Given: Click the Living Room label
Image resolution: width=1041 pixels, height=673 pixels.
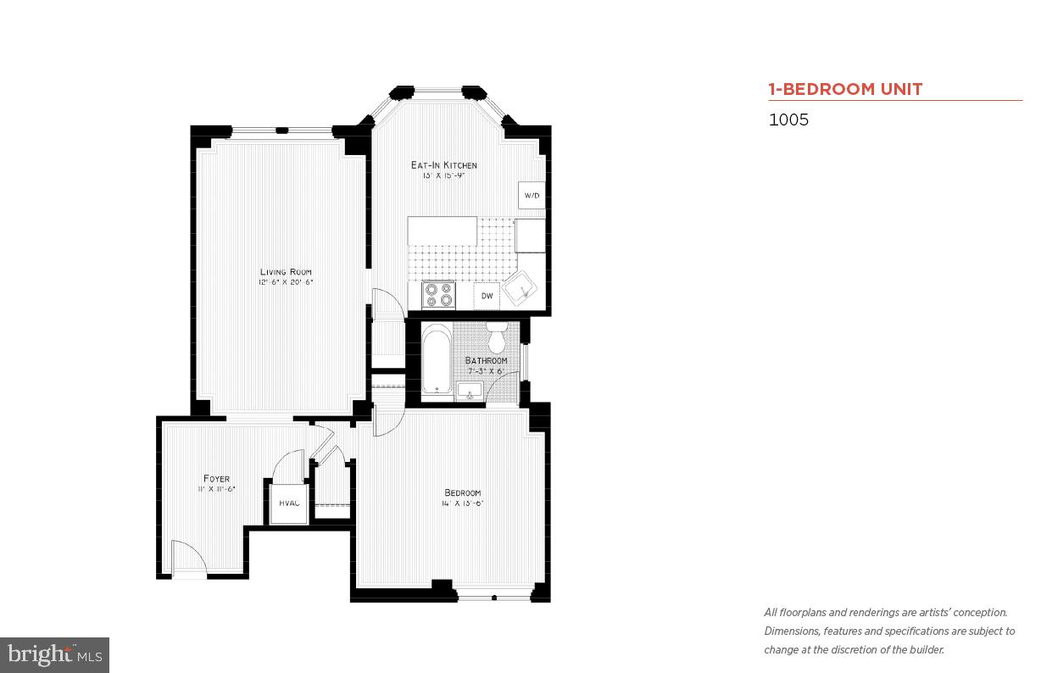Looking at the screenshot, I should pyautogui.click(x=286, y=271).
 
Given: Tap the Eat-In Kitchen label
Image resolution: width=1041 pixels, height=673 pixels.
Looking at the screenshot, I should pyautogui.click(x=443, y=165).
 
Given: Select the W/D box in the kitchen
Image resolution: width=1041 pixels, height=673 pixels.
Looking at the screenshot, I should pyautogui.click(x=532, y=195).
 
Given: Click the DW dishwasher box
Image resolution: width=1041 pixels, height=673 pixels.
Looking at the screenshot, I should pyautogui.click(x=487, y=296).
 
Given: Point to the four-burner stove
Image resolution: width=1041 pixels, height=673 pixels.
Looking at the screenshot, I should pyautogui.click(x=438, y=295).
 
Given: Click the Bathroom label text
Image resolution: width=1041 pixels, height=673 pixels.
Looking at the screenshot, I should pyautogui.click(x=486, y=361).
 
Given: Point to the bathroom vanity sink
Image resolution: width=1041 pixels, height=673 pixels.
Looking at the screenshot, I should pyautogui.click(x=469, y=390).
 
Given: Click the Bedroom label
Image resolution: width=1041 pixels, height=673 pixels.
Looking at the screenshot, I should pyautogui.click(x=463, y=492).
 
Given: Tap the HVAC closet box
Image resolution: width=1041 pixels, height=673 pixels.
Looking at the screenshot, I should pyautogui.click(x=289, y=503).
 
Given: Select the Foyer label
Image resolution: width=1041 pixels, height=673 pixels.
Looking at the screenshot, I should pyautogui.click(x=216, y=479).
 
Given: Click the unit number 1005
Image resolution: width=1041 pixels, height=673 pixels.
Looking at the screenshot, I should pyautogui.click(x=788, y=120).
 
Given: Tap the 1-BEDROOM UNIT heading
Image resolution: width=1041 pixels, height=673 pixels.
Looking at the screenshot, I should pyautogui.click(x=845, y=89).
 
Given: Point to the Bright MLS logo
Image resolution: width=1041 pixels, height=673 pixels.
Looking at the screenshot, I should pyautogui.click(x=54, y=654).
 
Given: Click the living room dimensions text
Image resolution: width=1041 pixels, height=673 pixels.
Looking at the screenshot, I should pyautogui.click(x=286, y=282).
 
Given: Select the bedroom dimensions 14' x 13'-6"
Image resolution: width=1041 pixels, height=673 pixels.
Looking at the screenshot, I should pyautogui.click(x=463, y=503).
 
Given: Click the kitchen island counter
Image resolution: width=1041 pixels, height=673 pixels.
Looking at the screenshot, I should pyautogui.click(x=442, y=231).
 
